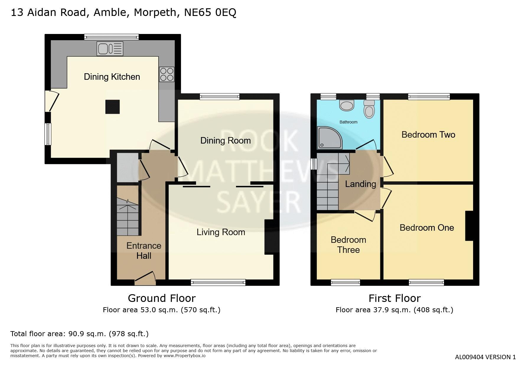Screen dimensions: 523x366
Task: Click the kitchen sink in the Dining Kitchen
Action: tap(110, 49)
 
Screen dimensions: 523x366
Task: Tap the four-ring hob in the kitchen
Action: tap(167, 74)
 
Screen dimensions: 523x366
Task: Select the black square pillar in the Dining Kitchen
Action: tap(113, 107)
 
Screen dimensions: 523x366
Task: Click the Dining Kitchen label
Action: tap(112, 77)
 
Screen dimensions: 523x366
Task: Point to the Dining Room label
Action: tap(226, 141)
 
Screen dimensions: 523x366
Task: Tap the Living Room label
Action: tap(221, 232)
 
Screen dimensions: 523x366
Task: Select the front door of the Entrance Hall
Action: tap(145, 279)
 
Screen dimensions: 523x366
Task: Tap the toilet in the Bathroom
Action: tap(369, 108)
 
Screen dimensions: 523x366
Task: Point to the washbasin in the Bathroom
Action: tap(347, 105)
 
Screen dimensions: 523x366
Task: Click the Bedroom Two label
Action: tap(428, 135)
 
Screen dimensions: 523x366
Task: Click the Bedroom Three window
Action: tap(346, 283)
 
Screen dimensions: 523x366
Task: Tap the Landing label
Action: tap(361, 184)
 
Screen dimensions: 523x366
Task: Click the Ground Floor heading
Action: tap(162, 298)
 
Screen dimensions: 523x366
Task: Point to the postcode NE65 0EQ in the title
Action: tap(210, 12)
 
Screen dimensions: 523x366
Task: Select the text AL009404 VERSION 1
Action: tap(485, 357)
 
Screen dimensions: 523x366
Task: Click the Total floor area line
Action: tap(79, 334)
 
